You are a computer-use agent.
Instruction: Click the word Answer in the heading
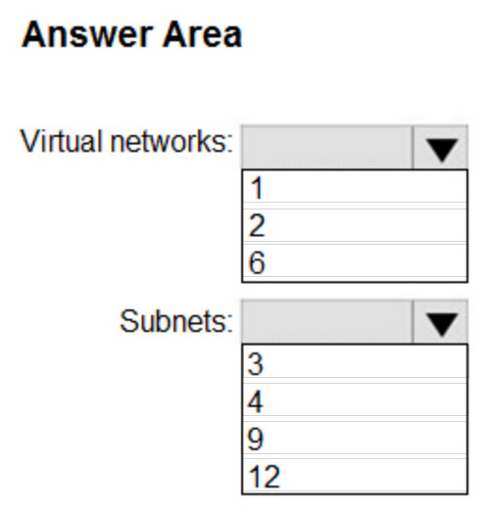tap(87, 34)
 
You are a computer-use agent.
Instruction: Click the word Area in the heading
tap(202, 34)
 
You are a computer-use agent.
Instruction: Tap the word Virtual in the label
tap(61, 141)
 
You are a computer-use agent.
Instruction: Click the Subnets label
tap(176, 321)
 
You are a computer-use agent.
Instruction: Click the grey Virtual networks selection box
tap(327, 148)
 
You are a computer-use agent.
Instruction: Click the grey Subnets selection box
tap(327, 322)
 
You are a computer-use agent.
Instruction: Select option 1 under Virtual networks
tap(355, 188)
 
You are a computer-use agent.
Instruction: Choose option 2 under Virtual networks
tap(355, 225)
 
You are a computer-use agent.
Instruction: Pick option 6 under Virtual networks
tap(355, 262)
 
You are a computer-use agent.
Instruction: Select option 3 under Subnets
tap(355, 362)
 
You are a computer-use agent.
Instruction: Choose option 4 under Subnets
tap(355, 400)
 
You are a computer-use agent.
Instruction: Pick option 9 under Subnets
tap(355, 439)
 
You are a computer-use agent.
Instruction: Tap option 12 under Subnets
tap(355, 476)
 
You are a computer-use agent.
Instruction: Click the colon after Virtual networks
tap(228, 144)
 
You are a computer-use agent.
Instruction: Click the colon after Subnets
tap(228, 324)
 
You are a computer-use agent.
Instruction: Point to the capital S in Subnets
tap(128, 321)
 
